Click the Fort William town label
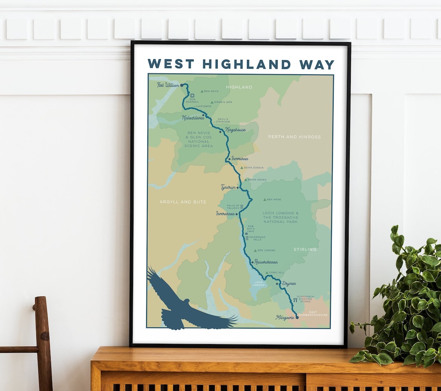[168, 85]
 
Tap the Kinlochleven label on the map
[193, 118]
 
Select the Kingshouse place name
[236, 130]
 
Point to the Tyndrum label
[228, 187]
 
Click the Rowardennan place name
[266, 262]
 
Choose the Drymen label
[289, 283]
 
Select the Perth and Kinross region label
[294, 137]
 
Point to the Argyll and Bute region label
[183, 202]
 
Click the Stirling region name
[305, 249]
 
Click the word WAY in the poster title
[316, 64]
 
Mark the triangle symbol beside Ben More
[264, 200]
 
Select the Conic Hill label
[277, 273]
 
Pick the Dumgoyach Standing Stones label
[305, 299]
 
